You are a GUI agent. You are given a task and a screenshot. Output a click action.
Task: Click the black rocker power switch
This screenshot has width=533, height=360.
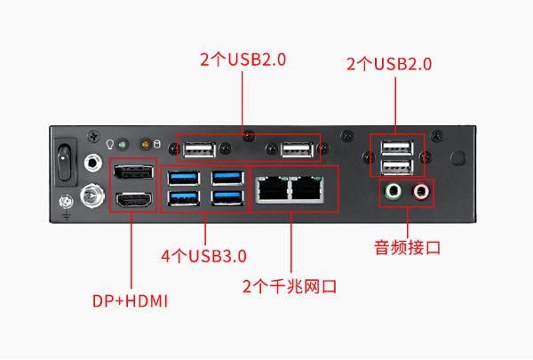coord(65,161)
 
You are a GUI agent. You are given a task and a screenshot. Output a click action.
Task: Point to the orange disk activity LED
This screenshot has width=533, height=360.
coord(144,144)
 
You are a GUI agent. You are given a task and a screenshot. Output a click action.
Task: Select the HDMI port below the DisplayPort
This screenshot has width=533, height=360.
coord(133,200)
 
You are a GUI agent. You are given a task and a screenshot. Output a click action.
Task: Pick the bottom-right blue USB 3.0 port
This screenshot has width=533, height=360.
coord(227,197)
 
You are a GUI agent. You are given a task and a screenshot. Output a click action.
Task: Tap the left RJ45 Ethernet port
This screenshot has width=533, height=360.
coord(272,188)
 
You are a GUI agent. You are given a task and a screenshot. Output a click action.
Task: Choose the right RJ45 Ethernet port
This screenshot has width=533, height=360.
coord(309,188)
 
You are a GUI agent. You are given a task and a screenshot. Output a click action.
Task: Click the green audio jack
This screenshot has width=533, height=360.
coord(394,190)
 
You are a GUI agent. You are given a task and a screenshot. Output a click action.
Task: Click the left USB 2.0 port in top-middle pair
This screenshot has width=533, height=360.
coord(201,149)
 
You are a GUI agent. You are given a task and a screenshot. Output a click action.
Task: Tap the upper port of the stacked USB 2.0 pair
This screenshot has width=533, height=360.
coord(395,148)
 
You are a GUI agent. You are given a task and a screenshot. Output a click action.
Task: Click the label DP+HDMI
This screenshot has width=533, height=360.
coord(131,301)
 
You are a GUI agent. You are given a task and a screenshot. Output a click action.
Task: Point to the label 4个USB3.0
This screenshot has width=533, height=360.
coord(203,256)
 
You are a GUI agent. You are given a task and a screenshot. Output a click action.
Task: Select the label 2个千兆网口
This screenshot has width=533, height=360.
coord(290,286)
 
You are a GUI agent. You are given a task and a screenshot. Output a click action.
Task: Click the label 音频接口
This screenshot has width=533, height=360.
coord(407,246)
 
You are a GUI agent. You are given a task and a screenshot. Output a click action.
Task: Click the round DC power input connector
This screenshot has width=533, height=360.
coord(91,194)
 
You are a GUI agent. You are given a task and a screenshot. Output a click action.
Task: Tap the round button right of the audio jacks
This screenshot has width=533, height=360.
coord(458,158)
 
